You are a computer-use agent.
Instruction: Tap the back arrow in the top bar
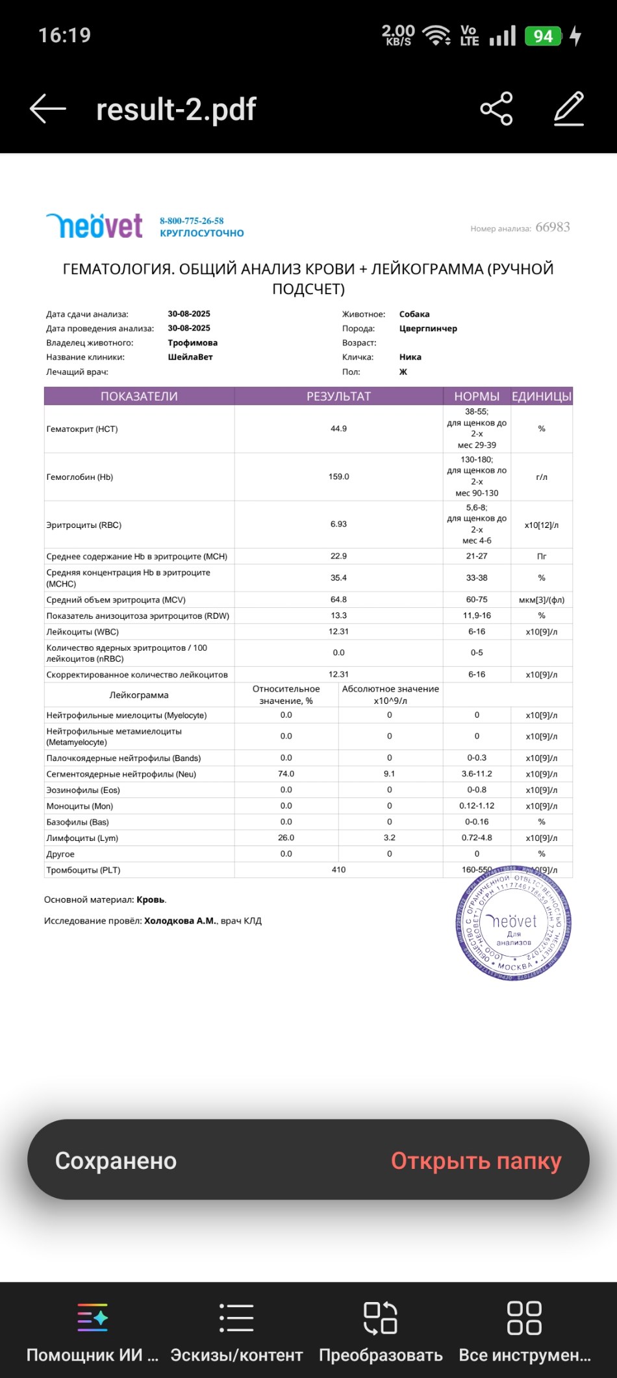(x=48, y=108)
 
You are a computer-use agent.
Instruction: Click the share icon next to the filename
(x=497, y=108)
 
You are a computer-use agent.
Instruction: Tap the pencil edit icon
(x=569, y=108)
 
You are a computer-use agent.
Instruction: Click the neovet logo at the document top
(x=95, y=226)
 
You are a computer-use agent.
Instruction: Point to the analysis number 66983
(x=553, y=227)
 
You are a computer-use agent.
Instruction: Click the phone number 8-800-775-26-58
(x=192, y=221)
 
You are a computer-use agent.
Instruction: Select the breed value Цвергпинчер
(x=428, y=329)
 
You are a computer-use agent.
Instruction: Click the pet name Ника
(x=410, y=357)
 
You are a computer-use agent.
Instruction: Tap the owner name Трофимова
(x=193, y=343)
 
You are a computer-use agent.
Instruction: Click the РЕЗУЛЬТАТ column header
(x=338, y=396)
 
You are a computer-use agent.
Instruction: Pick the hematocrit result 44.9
(x=338, y=429)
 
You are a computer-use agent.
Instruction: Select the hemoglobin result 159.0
(x=338, y=477)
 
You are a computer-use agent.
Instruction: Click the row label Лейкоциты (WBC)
(x=82, y=632)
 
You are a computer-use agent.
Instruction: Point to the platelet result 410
(x=338, y=870)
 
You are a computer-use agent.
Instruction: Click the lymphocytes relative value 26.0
(x=286, y=838)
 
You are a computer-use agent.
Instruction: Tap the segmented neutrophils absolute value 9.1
(x=390, y=774)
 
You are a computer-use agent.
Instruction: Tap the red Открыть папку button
(x=476, y=1160)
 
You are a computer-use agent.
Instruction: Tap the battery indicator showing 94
(x=543, y=36)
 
